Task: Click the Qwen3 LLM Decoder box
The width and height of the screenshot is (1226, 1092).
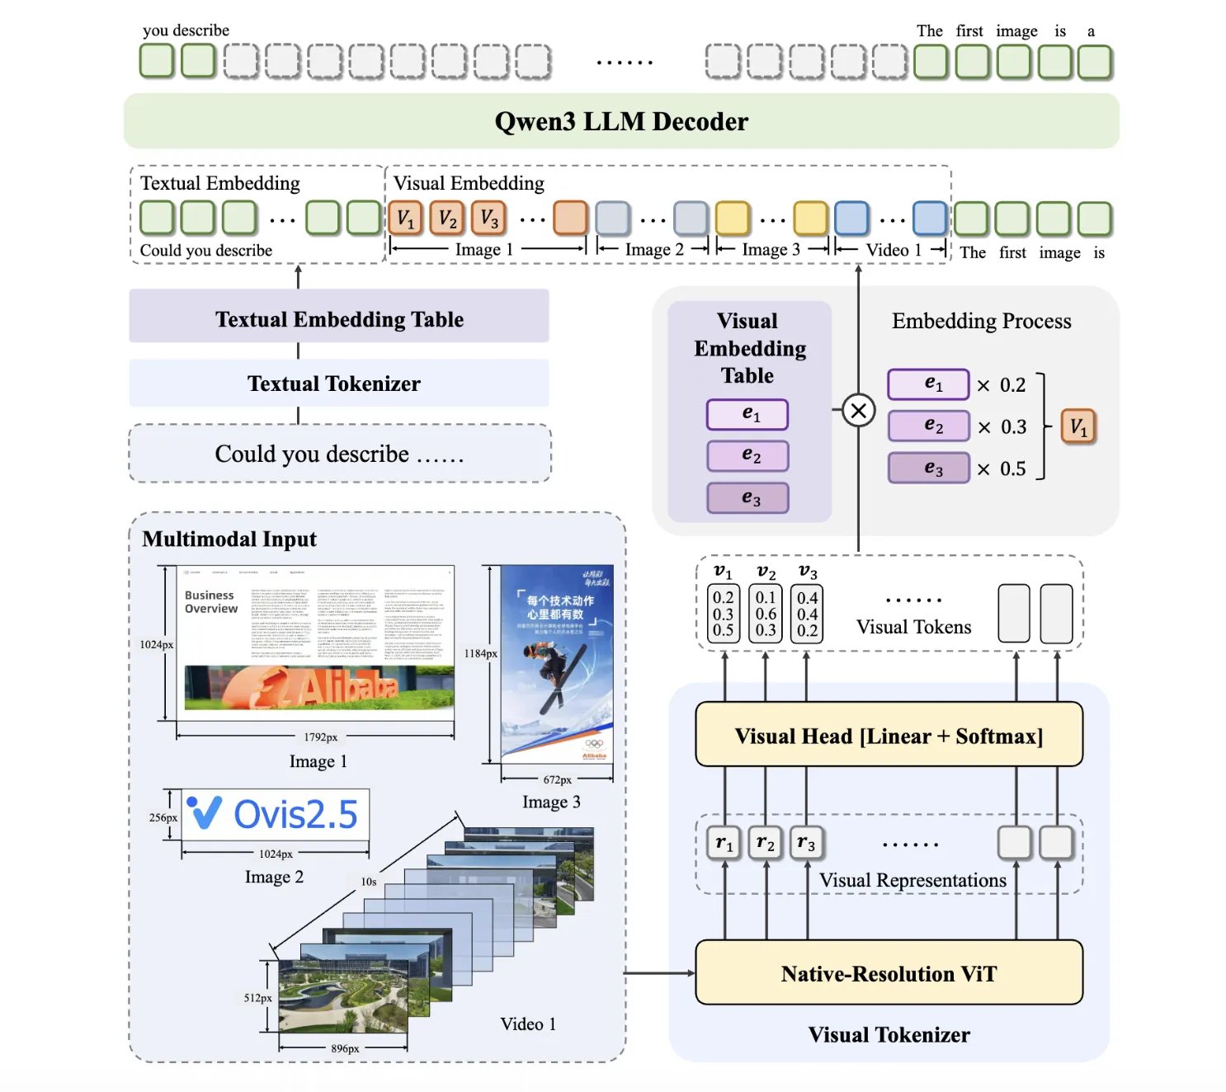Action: pos(620,121)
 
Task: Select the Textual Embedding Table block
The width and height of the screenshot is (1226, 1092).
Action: pos(338,319)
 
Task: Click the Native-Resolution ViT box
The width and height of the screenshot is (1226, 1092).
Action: pos(889,973)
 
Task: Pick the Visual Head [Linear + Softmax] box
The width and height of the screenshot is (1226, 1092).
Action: pos(889,735)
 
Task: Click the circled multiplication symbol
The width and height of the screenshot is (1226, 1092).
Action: pos(858,410)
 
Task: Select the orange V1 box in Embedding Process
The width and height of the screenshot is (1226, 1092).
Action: pos(1078,426)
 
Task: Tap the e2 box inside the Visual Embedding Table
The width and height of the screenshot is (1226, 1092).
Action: pos(747,455)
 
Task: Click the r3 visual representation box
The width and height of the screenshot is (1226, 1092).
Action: pos(806,843)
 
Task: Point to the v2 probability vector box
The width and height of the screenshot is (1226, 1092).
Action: pos(766,614)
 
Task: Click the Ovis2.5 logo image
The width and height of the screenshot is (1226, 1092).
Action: pos(275,814)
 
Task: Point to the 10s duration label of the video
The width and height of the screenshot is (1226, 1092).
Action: pos(369,882)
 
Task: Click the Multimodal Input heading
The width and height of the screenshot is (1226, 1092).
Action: pos(229,539)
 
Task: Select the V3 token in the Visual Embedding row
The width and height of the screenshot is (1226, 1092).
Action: pos(489,219)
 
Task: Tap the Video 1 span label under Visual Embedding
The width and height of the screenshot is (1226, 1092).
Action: pos(893,250)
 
